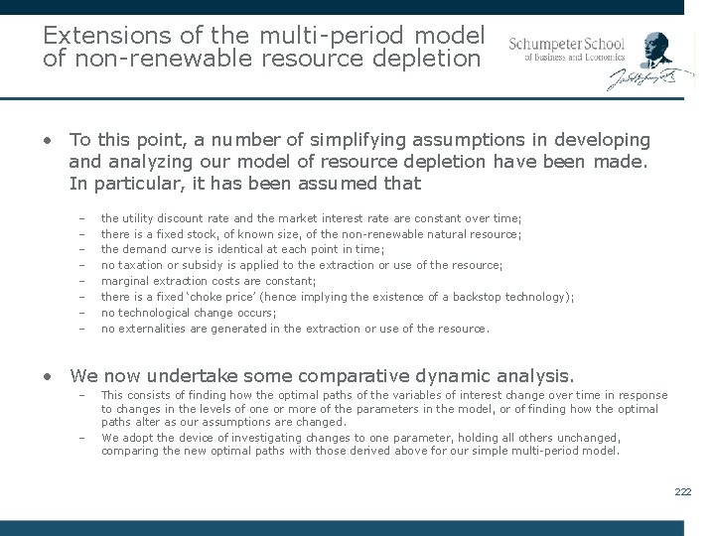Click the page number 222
coord(682,491)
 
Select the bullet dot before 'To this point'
coord(48,141)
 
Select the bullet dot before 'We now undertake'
coord(48,376)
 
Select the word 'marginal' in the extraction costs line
coord(123,281)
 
